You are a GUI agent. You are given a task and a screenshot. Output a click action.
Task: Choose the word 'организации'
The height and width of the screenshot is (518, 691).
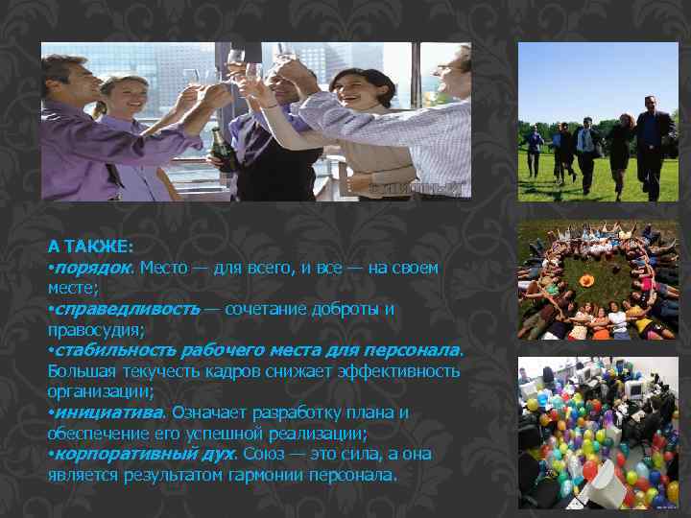click(96, 391)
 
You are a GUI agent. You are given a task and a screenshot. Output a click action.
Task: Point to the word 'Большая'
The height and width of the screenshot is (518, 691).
click(80, 370)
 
